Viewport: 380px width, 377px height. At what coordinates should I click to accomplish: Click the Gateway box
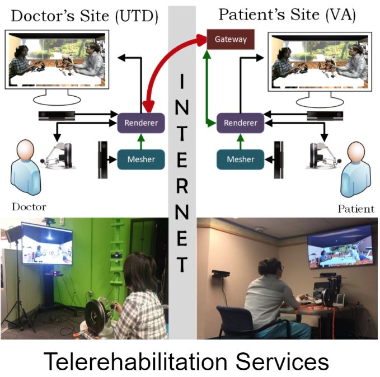coord(231,39)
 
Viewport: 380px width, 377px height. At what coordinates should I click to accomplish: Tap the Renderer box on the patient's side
coord(240,122)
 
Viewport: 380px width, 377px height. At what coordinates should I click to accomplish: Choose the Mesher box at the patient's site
coord(240,159)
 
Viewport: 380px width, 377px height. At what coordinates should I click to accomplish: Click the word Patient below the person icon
coord(355,209)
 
